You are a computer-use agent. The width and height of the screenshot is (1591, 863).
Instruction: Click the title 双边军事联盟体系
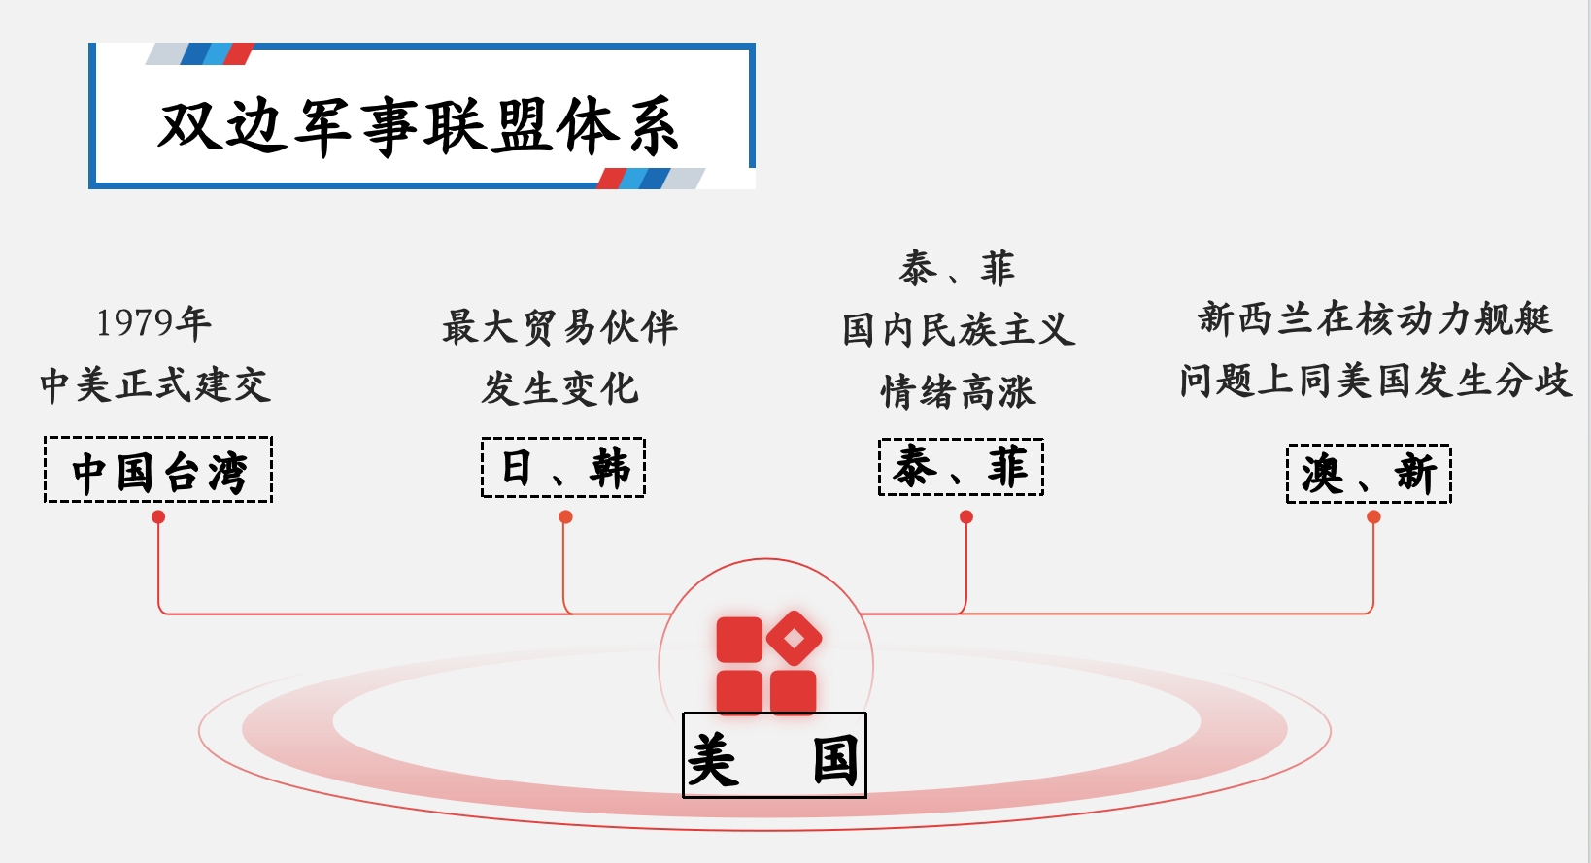click(418, 126)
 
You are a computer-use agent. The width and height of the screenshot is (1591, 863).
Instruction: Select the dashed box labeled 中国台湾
click(158, 471)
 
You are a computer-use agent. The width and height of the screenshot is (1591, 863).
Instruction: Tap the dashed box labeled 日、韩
click(563, 468)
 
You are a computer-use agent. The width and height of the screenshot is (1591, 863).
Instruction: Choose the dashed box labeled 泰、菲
click(961, 468)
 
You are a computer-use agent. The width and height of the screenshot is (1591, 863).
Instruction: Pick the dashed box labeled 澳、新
click(1369, 474)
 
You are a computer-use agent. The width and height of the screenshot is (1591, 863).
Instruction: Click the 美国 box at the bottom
click(773, 756)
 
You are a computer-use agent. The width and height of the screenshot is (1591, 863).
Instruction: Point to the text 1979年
click(153, 323)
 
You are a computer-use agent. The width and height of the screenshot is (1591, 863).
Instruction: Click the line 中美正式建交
click(155, 384)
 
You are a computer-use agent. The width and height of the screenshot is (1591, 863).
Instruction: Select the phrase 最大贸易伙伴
click(559, 327)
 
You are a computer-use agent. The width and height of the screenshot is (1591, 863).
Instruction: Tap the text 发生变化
click(560, 388)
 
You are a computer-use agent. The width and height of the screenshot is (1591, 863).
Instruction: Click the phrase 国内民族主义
click(959, 329)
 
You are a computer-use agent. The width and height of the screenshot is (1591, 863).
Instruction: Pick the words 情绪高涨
click(959, 391)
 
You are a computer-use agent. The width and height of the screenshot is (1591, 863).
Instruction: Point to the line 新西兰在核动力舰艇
click(1374, 318)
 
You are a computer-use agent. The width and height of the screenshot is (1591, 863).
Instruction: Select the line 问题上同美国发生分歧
click(1374, 381)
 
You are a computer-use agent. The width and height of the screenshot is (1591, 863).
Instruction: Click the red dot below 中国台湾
click(158, 517)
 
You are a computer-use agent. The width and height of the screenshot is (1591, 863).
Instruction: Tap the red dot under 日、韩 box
click(565, 517)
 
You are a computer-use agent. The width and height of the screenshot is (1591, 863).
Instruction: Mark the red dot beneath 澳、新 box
click(1373, 517)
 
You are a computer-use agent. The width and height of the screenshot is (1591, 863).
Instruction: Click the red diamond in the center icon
click(795, 638)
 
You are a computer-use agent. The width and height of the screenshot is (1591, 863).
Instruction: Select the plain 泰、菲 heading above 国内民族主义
click(958, 268)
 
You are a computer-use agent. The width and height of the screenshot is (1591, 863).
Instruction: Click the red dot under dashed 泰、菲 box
click(966, 517)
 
